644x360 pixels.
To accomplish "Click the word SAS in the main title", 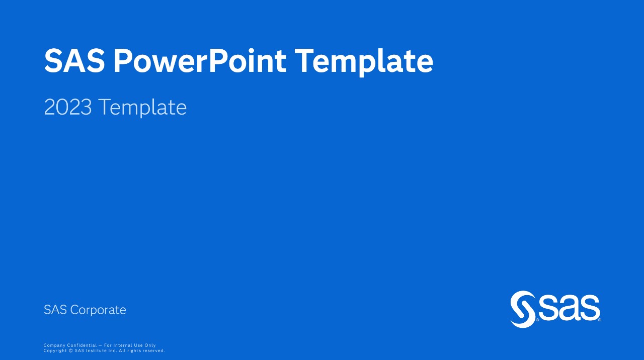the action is [74, 61].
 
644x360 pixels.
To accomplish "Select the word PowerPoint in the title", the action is [200, 61].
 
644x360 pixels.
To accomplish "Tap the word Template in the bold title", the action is [364, 63].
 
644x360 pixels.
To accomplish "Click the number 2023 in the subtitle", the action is [68, 107].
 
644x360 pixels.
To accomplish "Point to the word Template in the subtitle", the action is [142, 108].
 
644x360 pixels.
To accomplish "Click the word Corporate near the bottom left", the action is [98, 310].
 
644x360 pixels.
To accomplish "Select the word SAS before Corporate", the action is [55, 310].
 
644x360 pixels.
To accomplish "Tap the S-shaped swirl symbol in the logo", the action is [523, 309].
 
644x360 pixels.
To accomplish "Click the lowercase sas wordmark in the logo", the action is [569, 307].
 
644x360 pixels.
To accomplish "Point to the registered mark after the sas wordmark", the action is [599, 320].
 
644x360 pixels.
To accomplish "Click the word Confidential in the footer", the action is [82, 345].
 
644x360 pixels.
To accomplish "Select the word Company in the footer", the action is [54, 345].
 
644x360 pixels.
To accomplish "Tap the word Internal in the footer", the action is [123, 345].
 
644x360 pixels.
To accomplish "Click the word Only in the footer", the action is [150, 345].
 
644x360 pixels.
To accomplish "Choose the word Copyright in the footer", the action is [55, 351].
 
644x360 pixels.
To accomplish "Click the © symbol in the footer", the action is [71, 350].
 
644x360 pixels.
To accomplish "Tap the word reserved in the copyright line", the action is [154, 350].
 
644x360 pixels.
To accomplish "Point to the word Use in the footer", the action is [138, 345].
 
